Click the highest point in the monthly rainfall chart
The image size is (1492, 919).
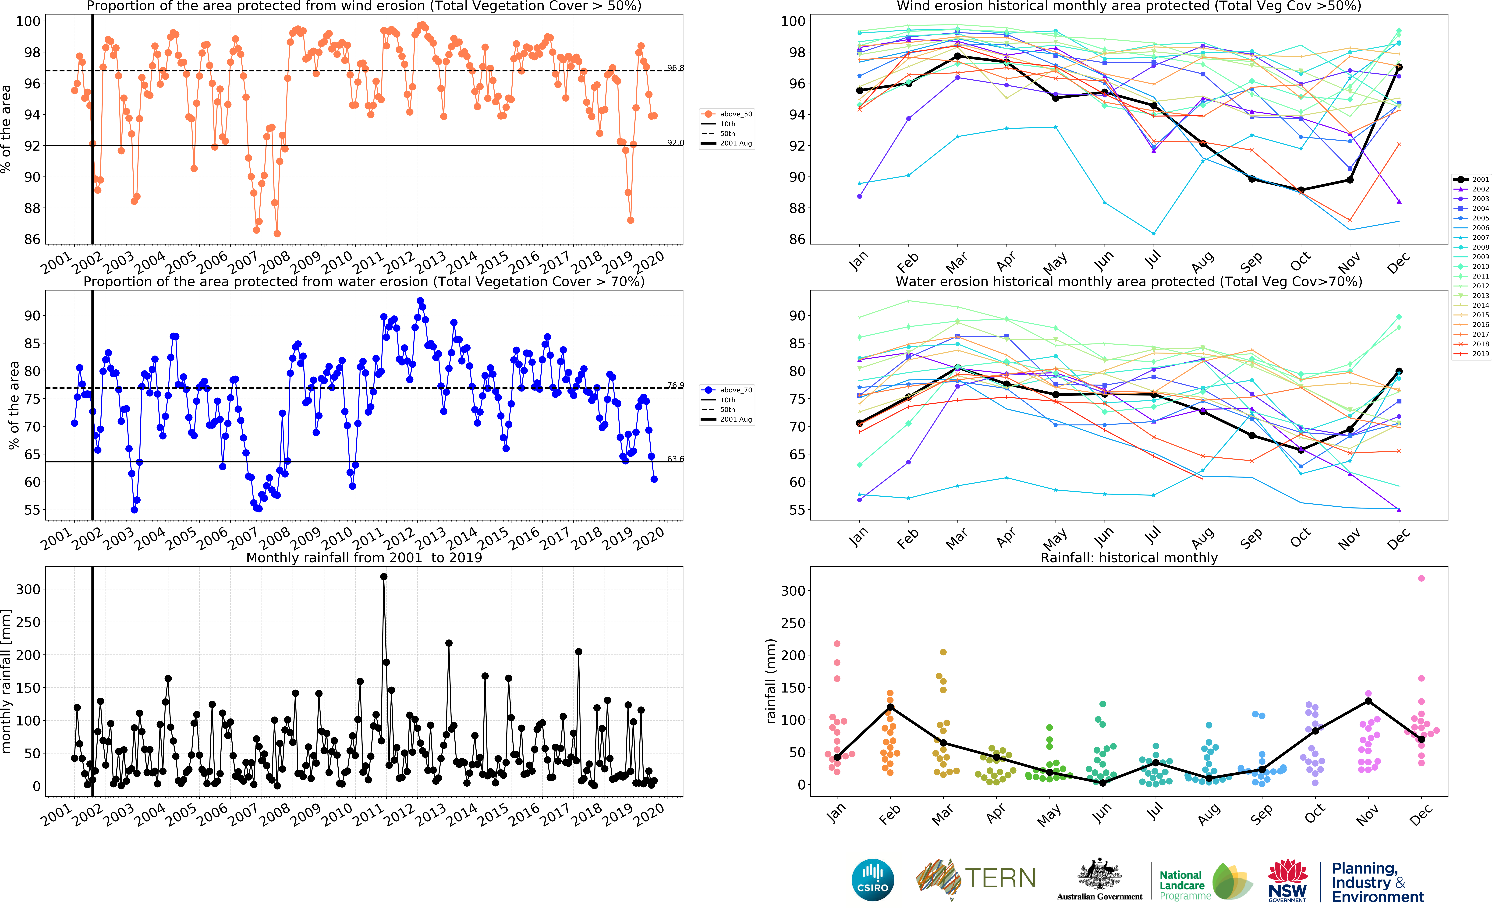[383, 577]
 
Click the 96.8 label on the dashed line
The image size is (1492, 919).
[675, 68]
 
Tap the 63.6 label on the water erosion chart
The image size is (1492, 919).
[675, 459]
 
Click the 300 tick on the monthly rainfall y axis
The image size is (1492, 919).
[28, 589]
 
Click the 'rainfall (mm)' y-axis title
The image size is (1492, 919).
[771, 681]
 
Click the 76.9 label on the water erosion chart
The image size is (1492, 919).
[675, 385]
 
